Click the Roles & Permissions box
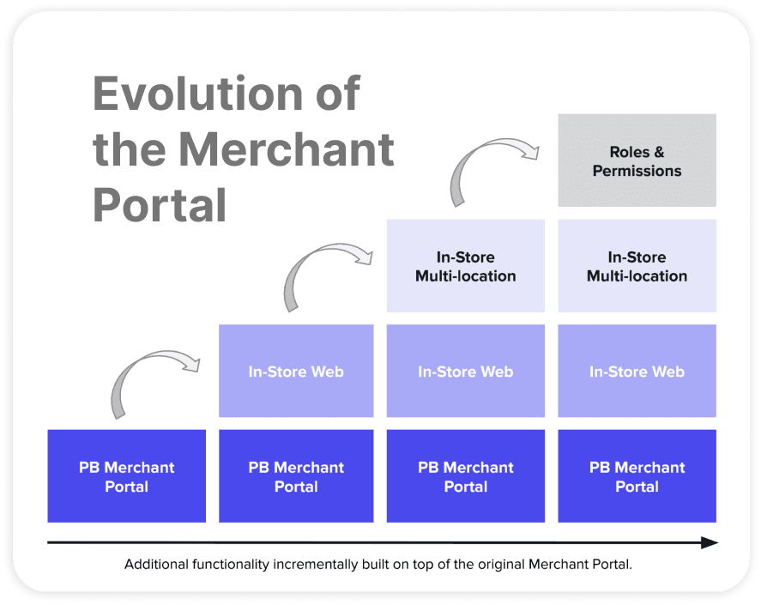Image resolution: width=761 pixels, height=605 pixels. (x=637, y=160)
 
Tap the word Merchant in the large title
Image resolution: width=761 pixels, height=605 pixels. (x=287, y=149)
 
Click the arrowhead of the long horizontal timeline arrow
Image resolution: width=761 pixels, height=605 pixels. (x=709, y=542)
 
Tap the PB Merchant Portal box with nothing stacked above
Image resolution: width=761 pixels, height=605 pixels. (x=126, y=476)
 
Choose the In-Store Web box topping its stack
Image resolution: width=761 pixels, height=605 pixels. (x=296, y=372)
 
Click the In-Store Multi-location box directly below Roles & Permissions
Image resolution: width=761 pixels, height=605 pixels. (x=637, y=266)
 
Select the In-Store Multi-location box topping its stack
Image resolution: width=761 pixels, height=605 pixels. (x=465, y=266)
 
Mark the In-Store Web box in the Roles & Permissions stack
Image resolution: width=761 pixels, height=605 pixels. (x=637, y=372)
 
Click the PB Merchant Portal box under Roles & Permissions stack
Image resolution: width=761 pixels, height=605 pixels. (x=637, y=476)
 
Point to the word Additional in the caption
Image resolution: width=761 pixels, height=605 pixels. (x=156, y=565)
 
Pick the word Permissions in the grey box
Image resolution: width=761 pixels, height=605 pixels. (x=637, y=171)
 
